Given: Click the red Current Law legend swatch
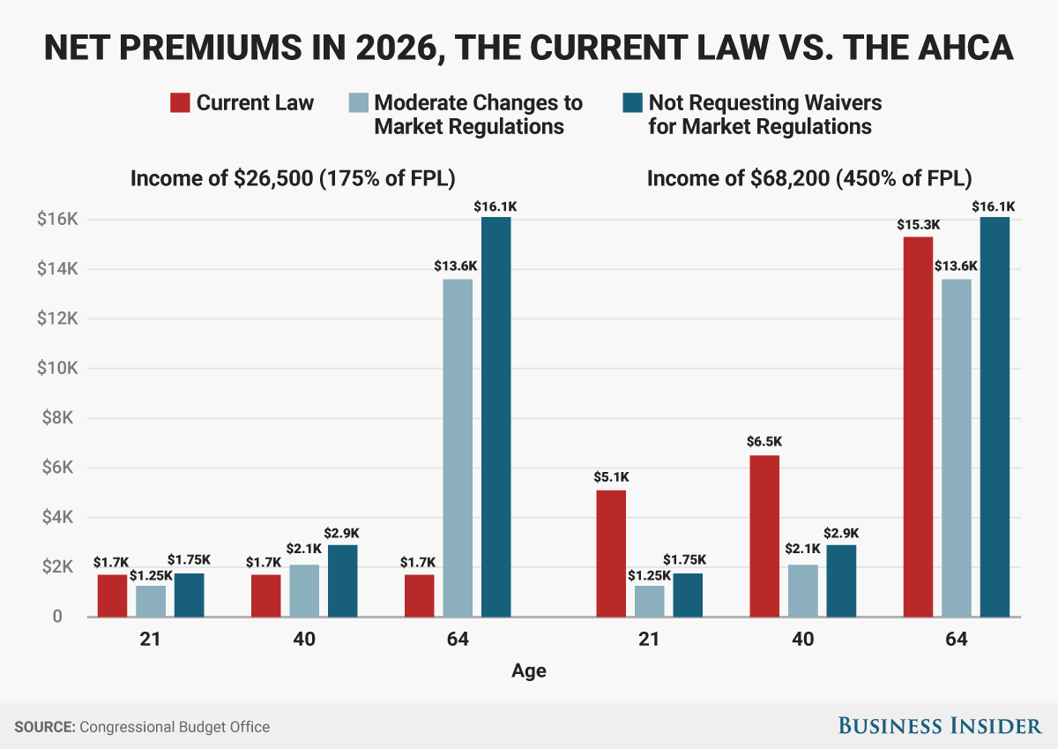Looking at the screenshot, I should tap(179, 102).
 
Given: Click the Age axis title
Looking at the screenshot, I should tap(529, 671).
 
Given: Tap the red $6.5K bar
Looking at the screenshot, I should tap(764, 536).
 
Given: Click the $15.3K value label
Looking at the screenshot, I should tap(918, 225).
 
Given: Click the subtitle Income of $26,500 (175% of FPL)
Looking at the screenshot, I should tap(293, 178).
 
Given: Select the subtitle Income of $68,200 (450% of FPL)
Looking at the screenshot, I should tap(809, 178).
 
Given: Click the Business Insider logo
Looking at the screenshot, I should tap(939, 726).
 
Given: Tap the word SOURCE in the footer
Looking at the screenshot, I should tap(44, 727).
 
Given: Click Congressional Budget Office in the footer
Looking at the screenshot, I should tap(175, 727).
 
